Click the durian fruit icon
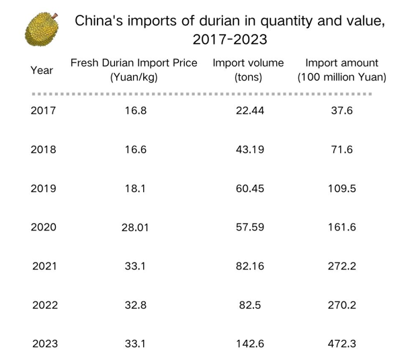[x=42, y=29]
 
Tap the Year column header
[x=42, y=71]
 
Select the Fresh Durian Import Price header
[x=134, y=70]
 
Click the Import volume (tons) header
[x=248, y=70]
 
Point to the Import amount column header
[x=342, y=70]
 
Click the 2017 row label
[x=43, y=111]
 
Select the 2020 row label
[x=44, y=227]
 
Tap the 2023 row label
[x=45, y=344]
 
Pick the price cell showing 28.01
[x=135, y=228]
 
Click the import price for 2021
[x=135, y=266]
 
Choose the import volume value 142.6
[x=250, y=344]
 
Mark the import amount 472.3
[x=342, y=344]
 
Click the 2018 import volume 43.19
[x=250, y=150]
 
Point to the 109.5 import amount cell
[x=342, y=189]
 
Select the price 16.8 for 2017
[x=136, y=111]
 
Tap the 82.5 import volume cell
[x=250, y=306]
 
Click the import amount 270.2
[x=342, y=306]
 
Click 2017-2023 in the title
[x=230, y=40]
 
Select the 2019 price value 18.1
[x=135, y=189]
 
